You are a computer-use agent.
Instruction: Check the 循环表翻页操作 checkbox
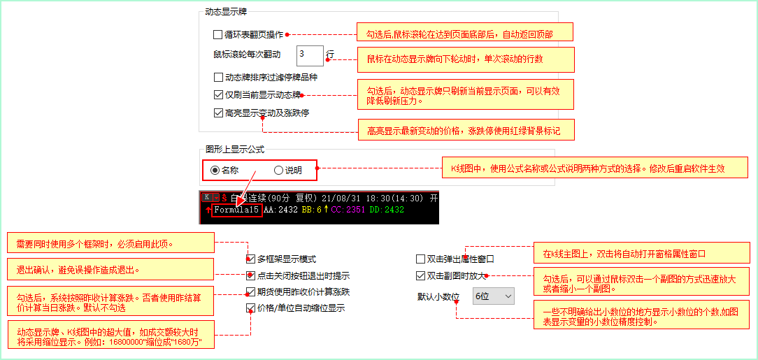point(217,35)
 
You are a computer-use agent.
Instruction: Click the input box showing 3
point(310,55)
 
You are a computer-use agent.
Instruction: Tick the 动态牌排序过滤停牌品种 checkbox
point(217,78)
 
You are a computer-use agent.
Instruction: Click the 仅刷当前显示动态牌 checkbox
point(217,95)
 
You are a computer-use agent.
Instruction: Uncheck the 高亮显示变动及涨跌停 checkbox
point(217,113)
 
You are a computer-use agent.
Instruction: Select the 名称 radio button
point(215,170)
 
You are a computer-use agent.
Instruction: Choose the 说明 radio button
point(278,170)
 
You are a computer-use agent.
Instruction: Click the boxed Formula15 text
point(237,210)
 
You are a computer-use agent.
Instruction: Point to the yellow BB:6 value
point(311,210)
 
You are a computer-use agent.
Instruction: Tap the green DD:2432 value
point(386,210)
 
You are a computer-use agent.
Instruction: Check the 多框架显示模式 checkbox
point(250,259)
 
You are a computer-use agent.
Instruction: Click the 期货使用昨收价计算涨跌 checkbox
point(250,292)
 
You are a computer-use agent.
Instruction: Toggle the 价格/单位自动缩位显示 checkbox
point(250,308)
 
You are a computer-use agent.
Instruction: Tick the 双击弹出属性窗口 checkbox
point(420,259)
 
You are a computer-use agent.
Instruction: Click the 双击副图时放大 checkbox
point(420,276)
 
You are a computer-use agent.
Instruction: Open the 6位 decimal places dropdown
point(493,296)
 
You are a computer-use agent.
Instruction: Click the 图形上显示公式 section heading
point(235,150)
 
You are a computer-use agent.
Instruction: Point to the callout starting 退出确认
point(110,269)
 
